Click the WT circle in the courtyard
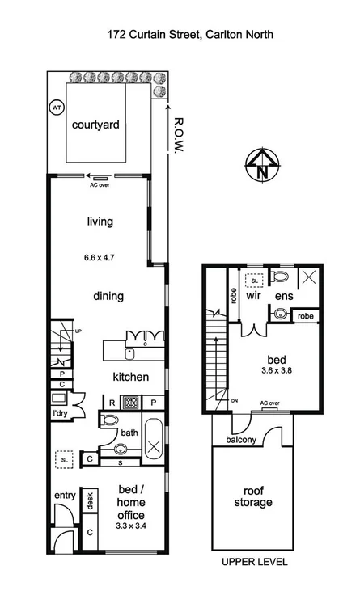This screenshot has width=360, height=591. click(x=57, y=107)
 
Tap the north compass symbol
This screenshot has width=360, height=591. click(x=260, y=165)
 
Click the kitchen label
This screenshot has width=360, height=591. click(x=130, y=377)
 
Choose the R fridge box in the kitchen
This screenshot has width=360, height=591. click(x=112, y=401)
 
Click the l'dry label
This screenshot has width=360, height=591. click(x=60, y=414)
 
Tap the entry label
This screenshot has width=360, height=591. click(x=64, y=496)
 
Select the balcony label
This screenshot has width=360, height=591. click(x=241, y=440)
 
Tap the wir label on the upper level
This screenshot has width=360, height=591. click(x=252, y=297)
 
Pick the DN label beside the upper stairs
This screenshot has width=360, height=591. click(x=234, y=399)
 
